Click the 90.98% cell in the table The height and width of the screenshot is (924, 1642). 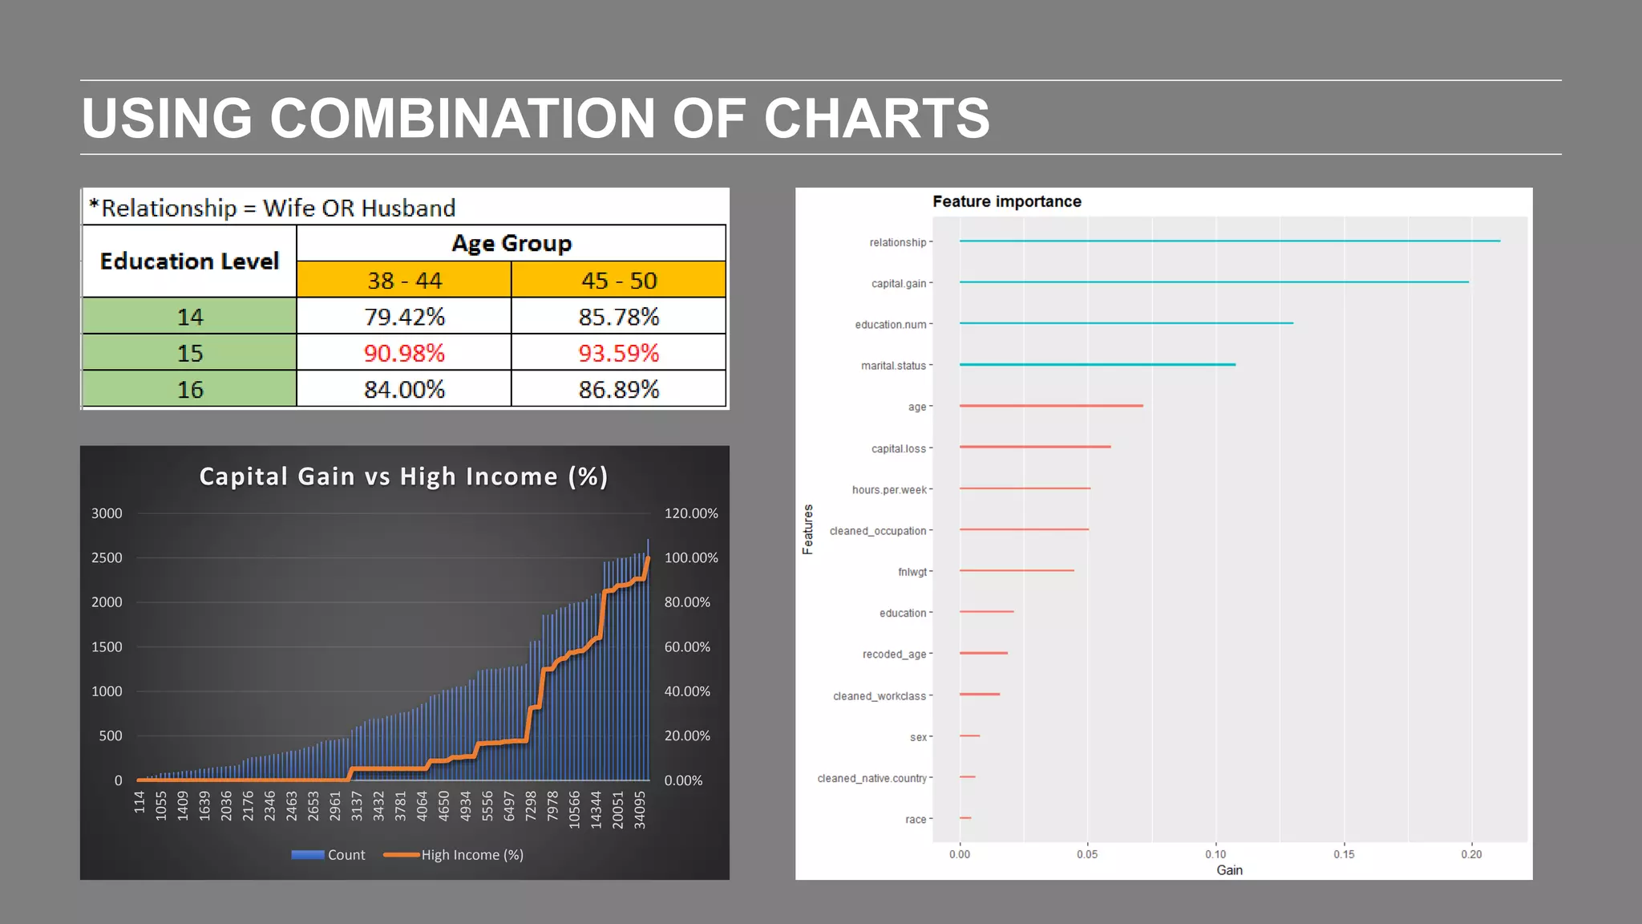(404, 353)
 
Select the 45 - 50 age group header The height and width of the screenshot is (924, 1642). (618, 281)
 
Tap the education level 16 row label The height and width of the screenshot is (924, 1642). (190, 390)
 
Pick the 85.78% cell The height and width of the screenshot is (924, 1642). (618, 317)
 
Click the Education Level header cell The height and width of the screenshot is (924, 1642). (189, 261)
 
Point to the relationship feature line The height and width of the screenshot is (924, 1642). (1228, 241)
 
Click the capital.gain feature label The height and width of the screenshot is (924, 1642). (898, 283)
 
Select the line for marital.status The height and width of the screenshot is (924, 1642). (1097, 365)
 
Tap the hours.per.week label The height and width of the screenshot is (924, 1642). (888, 489)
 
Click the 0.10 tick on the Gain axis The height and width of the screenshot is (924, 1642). (1215, 854)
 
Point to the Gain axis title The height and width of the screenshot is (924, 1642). (1229, 870)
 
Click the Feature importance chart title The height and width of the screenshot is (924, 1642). (1006, 201)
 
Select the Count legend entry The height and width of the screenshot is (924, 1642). (329, 855)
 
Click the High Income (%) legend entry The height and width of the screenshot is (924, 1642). (454, 855)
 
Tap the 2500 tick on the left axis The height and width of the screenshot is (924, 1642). (107, 557)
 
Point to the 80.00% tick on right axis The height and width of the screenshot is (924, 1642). (687, 602)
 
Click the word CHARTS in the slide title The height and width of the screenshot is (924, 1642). (876, 119)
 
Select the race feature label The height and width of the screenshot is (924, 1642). (915, 820)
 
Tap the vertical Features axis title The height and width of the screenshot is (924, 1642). (807, 529)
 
